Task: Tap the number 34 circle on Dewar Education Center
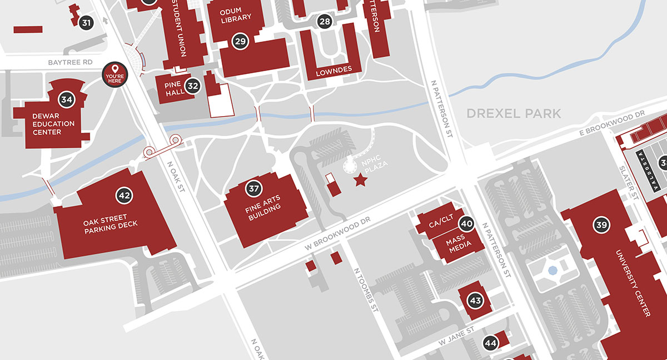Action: click(67, 100)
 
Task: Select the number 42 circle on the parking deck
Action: click(123, 195)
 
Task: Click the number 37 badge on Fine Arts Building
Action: click(254, 188)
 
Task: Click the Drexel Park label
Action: click(514, 114)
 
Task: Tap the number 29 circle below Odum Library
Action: click(240, 41)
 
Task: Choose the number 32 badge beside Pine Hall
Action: click(193, 86)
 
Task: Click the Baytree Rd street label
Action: click(69, 62)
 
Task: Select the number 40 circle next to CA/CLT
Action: click(466, 224)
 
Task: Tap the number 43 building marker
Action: click(475, 301)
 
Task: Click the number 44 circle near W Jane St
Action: click(490, 343)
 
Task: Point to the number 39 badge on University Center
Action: click(601, 225)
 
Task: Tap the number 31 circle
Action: click(86, 23)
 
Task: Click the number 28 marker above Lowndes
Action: click(325, 22)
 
